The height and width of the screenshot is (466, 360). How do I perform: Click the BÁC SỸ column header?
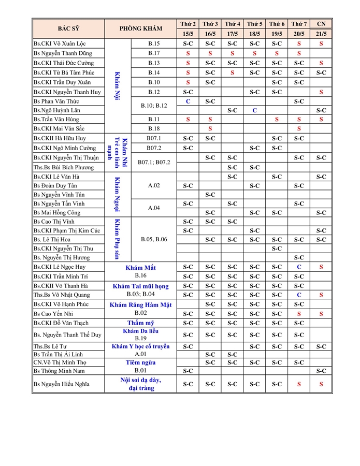point(68,28)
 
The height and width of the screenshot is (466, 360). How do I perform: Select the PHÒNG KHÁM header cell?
point(140,28)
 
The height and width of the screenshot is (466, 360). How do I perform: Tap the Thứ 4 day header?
point(233,24)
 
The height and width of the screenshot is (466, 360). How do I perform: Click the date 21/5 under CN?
point(321,34)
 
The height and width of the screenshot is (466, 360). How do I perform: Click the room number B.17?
point(154,53)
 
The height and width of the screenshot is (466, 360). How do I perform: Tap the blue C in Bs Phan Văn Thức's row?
point(188,101)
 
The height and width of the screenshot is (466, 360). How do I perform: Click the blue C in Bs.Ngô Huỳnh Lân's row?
point(255,110)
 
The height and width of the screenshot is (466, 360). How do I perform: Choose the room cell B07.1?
point(154,138)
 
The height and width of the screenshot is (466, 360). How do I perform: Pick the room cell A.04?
point(154,208)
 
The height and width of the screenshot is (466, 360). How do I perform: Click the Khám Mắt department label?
point(140,268)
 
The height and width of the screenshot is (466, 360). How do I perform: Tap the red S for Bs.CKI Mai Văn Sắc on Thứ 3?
point(210,128)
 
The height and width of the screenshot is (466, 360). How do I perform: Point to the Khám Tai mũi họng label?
point(140,286)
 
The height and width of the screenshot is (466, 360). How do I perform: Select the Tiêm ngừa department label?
point(140,362)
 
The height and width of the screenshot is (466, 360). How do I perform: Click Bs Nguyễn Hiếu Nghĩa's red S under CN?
point(321,384)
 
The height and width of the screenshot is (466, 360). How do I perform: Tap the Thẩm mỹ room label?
point(140,323)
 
